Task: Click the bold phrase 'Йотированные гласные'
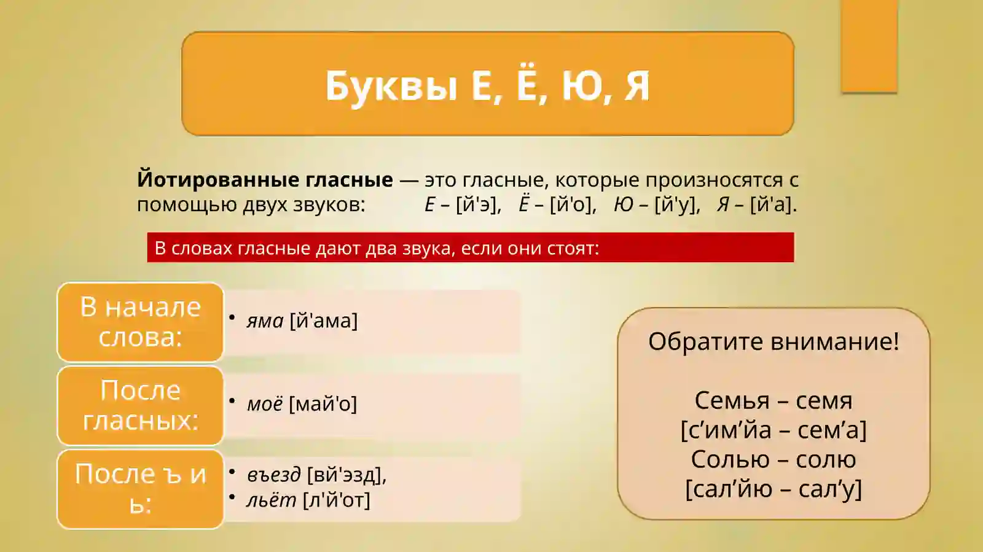[265, 180]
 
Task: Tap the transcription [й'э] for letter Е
[478, 204]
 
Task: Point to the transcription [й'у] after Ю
[677, 204]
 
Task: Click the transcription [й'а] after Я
[773, 204]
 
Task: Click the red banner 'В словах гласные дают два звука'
[470, 248]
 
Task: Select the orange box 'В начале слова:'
[140, 322]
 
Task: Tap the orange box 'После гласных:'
[140, 405]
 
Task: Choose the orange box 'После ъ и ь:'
[140, 489]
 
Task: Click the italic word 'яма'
[265, 321]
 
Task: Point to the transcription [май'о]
[323, 404]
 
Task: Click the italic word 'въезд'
[273, 475]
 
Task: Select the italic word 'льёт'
[271, 500]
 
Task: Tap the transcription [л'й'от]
[337, 500]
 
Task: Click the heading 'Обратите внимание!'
[773, 341]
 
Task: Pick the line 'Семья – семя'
[773, 400]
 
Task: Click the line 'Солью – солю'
[773, 459]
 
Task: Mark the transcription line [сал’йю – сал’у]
[773, 489]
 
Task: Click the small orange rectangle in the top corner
[869, 46]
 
